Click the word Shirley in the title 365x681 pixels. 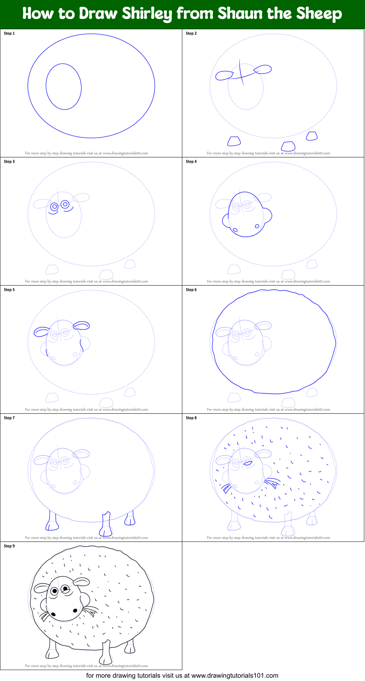pos(147,14)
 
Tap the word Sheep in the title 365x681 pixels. pos(319,14)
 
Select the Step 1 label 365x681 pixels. pos(9,33)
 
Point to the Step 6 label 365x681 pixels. pos(191,290)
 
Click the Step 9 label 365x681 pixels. pos(9,546)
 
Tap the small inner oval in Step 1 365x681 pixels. pos(64,87)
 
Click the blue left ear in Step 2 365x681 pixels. pos(224,76)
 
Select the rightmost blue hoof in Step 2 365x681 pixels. pos(312,136)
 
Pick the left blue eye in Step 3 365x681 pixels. pos(54,207)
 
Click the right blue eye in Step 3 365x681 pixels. pos(65,204)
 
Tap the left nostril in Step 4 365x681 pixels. pos(235,230)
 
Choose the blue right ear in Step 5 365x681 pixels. pos(81,325)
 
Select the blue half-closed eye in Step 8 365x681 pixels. pos(248,463)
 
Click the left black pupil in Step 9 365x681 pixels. pos(55,590)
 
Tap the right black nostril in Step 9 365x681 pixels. pos(75,610)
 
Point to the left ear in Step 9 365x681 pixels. pos(41,588)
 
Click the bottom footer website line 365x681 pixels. pos(182,676)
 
